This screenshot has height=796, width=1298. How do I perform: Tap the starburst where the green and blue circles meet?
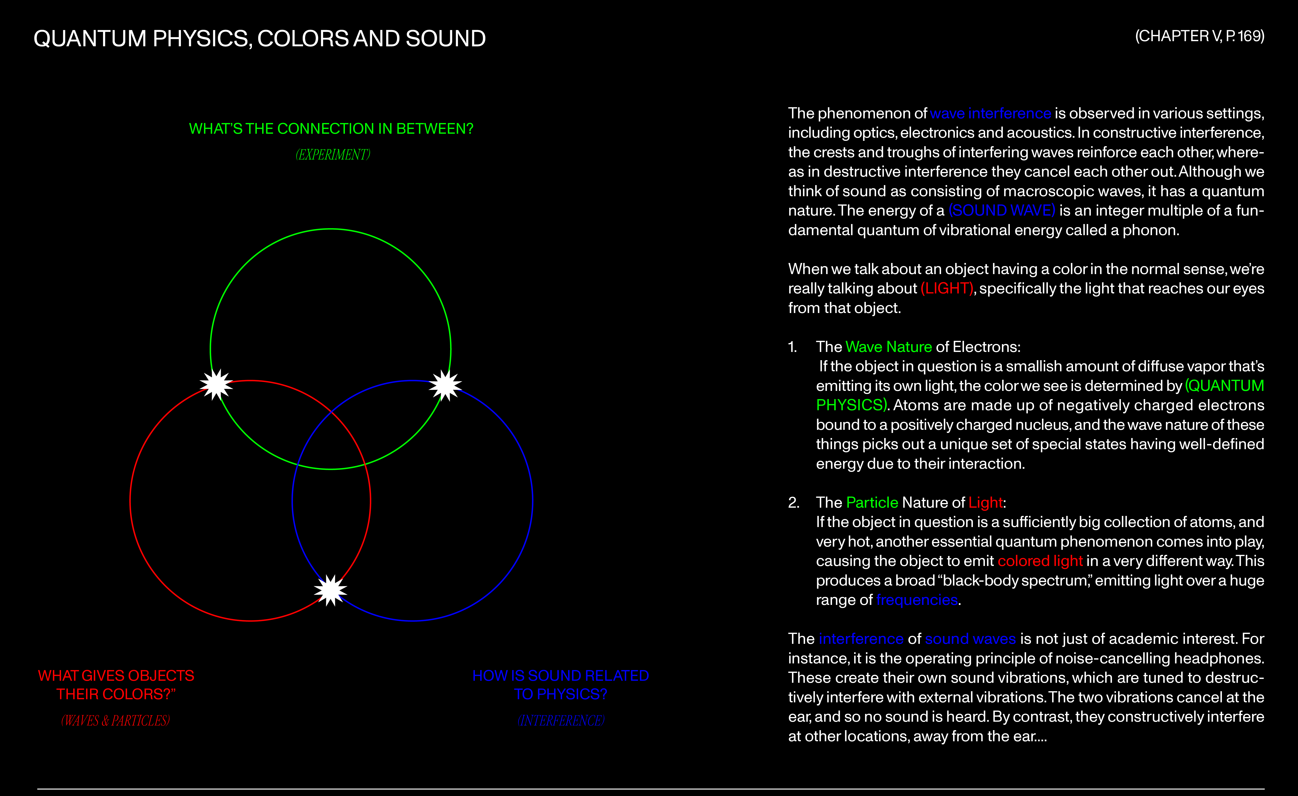pyautogui.click(x=445, y=385)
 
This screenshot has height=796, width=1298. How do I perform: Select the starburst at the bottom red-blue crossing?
pyautogui.click(x=330, y=590)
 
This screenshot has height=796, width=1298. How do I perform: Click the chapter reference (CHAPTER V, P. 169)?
pyautogui.click(x=1199, y=36)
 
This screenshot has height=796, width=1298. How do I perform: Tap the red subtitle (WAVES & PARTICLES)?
pyautogui.click(x=115, y=720)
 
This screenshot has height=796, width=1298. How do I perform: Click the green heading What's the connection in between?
pyautogui.click(x=331, y=129)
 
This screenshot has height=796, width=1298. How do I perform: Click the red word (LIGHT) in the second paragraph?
pyautogui.click(x=947, y=288)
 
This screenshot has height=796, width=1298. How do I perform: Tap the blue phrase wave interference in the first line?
pyautogui.click(x=990, y=113)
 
